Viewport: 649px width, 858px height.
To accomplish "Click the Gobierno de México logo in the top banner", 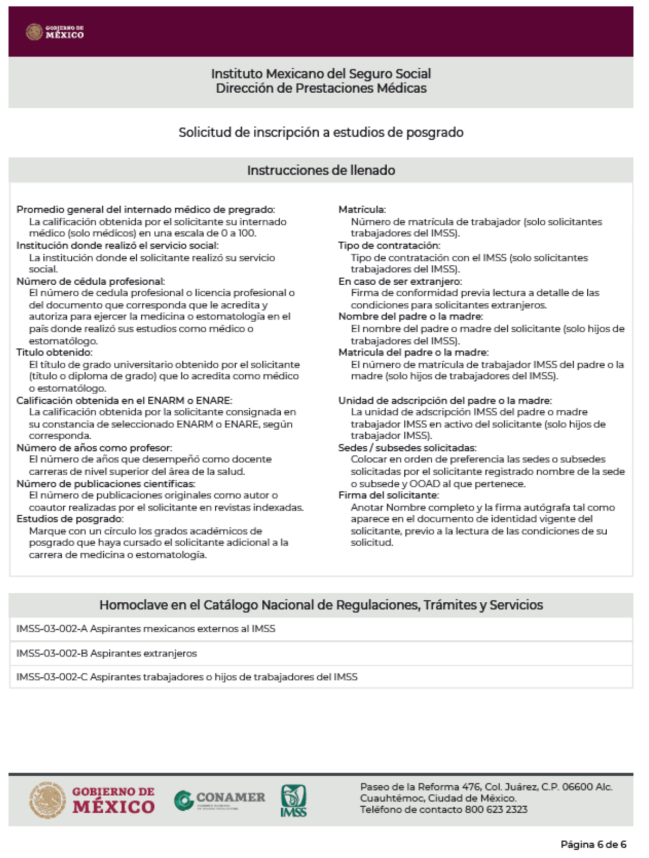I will point(55,32).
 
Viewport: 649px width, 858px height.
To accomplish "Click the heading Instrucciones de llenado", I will point(321,170).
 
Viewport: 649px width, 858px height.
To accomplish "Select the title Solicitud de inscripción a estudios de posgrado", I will point(321,132).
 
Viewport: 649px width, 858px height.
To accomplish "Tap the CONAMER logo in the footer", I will point(219,800).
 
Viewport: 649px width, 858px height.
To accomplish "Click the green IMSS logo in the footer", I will point(293,800).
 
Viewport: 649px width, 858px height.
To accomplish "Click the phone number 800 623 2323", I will point(496,810).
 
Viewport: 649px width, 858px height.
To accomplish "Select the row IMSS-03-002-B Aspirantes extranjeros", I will point(106,653).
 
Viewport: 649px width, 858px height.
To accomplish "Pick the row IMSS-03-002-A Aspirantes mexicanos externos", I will point(145,628).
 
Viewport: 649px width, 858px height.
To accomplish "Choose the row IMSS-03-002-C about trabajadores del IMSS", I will point(187,677).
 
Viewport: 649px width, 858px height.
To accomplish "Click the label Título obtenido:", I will point(54,352).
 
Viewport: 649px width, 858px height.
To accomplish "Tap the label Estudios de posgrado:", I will point(70,519).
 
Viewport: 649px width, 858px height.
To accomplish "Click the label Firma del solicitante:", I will point(388,495).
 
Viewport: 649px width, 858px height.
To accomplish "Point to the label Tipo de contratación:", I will point(389,245).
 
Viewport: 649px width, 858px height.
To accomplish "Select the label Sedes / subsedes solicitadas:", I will point(407,448).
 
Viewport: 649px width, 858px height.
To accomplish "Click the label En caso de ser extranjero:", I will point(400,281).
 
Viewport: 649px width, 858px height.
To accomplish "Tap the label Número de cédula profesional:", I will point(90,281).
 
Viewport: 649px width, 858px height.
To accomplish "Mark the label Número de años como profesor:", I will point(94,448).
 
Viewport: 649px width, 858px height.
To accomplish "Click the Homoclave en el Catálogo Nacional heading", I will point(321,605).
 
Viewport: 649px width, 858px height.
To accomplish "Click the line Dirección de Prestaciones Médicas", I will point(321,88).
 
